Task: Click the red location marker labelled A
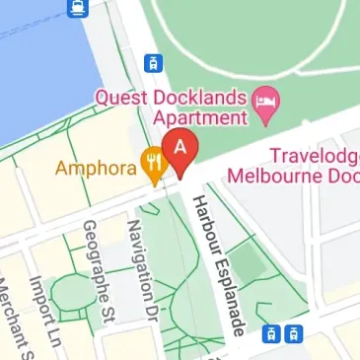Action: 180,150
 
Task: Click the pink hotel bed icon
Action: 264,99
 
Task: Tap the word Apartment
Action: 196,118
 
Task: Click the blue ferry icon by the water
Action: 77,9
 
